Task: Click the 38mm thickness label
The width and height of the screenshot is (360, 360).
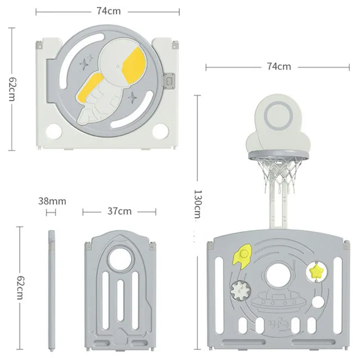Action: [52, 201]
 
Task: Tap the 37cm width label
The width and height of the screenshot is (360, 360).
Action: [119, 211]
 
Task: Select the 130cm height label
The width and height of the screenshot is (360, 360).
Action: [197, 204]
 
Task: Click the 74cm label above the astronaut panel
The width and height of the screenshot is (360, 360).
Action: [109, 11]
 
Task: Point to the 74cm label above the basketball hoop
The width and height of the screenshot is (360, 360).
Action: [279, 66]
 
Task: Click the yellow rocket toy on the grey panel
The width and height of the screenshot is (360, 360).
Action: [242, 256]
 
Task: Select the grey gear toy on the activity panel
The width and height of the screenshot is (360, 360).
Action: [241, 291]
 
